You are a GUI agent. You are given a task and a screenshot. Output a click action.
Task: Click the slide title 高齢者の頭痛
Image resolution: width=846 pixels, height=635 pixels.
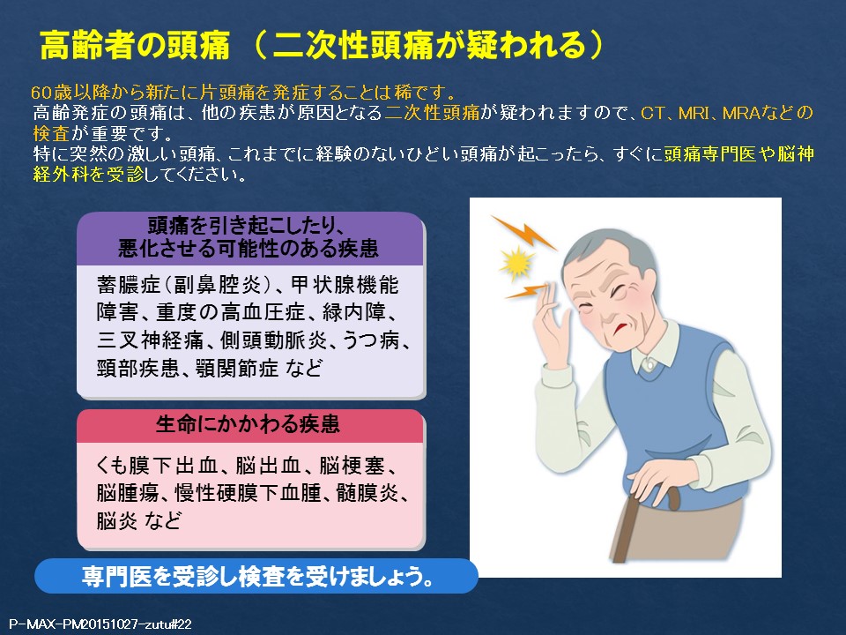coord(135,45)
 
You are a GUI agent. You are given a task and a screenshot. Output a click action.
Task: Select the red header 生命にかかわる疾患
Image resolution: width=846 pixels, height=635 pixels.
coord(249,425)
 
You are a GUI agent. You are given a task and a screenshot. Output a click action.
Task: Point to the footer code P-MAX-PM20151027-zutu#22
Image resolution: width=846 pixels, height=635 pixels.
coord(101,624)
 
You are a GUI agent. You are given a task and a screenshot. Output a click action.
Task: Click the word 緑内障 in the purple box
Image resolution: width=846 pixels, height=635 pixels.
coord(354,312)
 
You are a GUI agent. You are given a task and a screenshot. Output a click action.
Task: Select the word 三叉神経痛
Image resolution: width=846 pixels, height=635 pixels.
coord(151,340)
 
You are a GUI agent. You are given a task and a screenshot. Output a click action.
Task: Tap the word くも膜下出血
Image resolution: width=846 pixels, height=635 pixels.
coord(157,466)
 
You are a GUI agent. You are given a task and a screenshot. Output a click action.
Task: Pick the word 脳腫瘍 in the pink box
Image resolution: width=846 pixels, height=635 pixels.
coord(128,493)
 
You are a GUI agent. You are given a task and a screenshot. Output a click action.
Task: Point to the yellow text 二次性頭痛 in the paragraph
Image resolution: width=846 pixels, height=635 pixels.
coord(432,113)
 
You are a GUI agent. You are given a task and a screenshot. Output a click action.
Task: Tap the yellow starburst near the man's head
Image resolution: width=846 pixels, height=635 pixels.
coord(517,264)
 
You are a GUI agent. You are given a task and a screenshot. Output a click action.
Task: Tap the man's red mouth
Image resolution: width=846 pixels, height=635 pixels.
coord(619,328)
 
